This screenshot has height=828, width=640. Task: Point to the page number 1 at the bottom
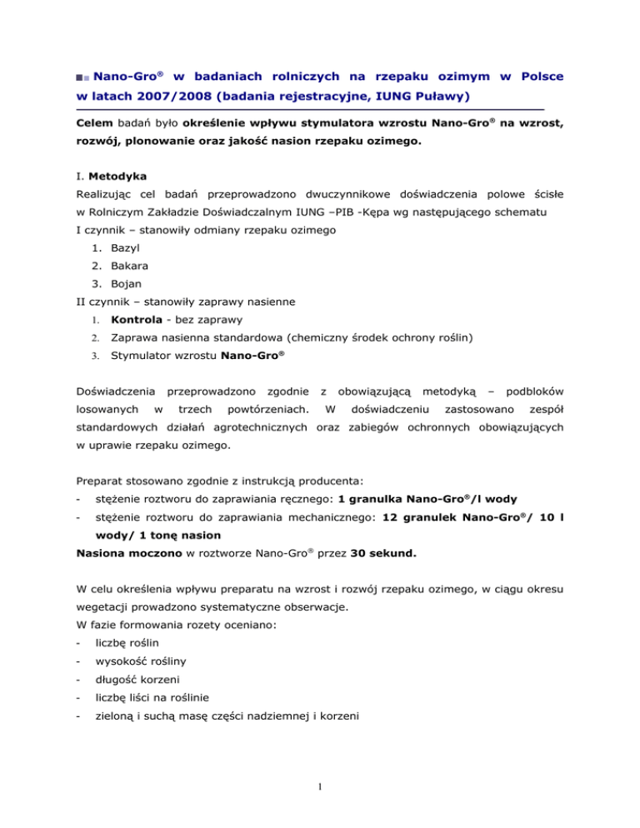pos(320,806)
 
